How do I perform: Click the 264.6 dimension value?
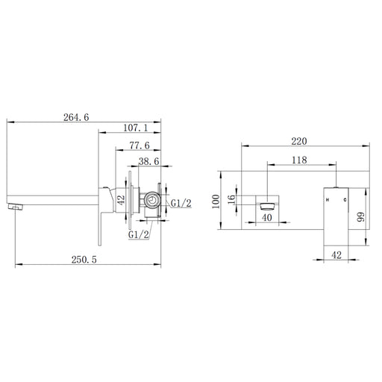[76, 117]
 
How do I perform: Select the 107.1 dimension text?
[136, 128]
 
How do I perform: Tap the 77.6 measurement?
[140, 145]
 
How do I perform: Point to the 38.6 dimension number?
[148, 161]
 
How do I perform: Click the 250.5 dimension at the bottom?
[84, 260]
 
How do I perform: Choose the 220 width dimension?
[299, 141]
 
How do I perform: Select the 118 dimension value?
[299, 160]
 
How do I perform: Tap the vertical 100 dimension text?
[216, 201]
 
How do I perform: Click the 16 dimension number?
[231, 199]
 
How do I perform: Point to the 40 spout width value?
[267, 218]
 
